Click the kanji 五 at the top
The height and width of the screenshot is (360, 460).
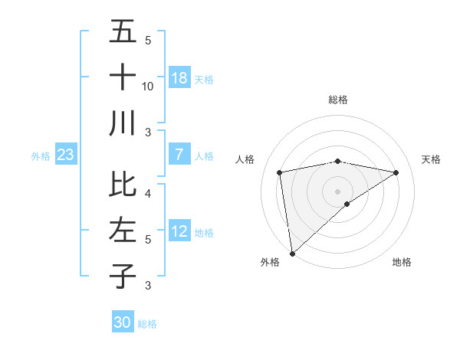click(123, 32)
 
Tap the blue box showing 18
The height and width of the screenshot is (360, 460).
click(179, 78)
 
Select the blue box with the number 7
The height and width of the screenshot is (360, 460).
click(179, 155)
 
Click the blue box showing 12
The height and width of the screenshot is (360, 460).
click(179, 232)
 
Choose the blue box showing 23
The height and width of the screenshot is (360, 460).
click(65, 155)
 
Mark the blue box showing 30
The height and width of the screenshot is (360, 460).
click(123, 322)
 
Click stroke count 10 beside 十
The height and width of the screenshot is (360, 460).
click(148, 87)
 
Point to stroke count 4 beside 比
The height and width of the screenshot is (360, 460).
click(148, 193)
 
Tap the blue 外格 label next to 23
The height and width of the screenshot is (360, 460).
click(41, 156)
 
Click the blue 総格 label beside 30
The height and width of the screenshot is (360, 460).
click(147, 324)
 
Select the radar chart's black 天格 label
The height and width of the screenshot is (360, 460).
click(432, 159)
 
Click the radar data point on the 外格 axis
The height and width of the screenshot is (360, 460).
click(292, 253)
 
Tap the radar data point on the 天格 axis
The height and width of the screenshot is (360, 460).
click(396, 172)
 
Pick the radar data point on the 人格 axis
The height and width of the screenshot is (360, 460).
click(280, 172)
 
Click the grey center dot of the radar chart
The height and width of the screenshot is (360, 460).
click(338, 191)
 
